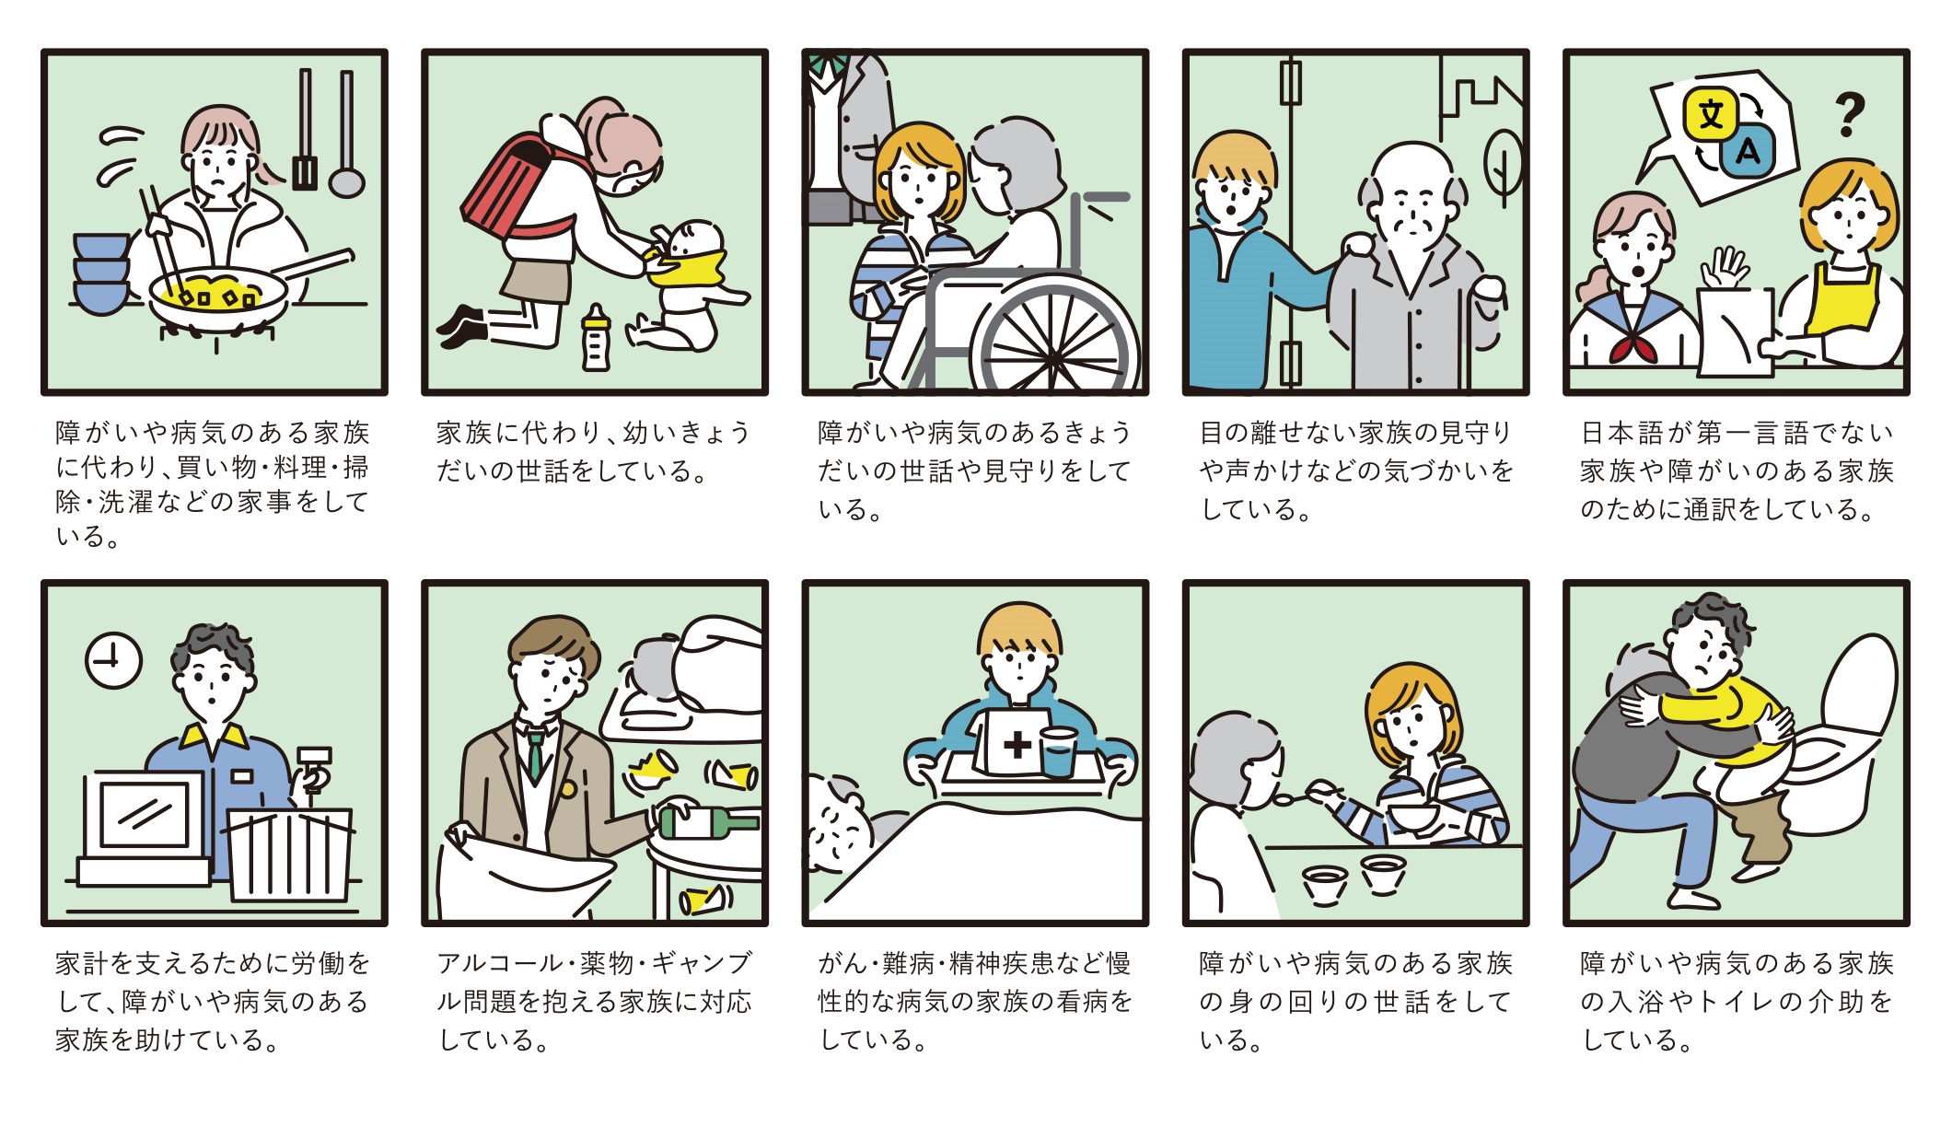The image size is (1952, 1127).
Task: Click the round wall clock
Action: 113,660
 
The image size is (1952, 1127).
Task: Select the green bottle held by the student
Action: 707,822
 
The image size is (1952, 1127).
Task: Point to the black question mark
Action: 1848,114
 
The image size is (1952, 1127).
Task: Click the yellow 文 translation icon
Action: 1710,115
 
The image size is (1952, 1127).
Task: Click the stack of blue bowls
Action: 100,273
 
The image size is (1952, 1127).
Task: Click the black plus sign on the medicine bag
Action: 1017,744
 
